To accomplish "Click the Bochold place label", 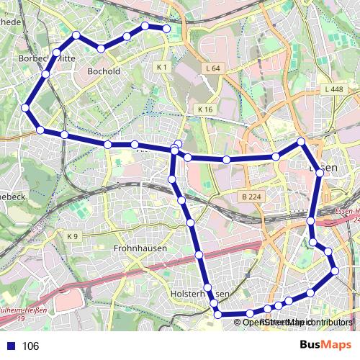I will point(103,71).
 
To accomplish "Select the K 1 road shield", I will point(161,67).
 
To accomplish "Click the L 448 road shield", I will point(333,89).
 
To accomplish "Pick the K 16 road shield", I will point(205,109).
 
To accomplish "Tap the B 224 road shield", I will point(251,196).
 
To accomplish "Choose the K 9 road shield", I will point(71,236).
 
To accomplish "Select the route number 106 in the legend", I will point(31,346).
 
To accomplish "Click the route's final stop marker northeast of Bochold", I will point(166,29).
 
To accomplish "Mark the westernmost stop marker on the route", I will point(26,108).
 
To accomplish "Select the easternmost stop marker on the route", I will point(335,271).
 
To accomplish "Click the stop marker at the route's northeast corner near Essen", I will point(302,142).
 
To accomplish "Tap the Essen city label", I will point(325,167).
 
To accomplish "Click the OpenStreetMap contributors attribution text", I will point(297,322).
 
